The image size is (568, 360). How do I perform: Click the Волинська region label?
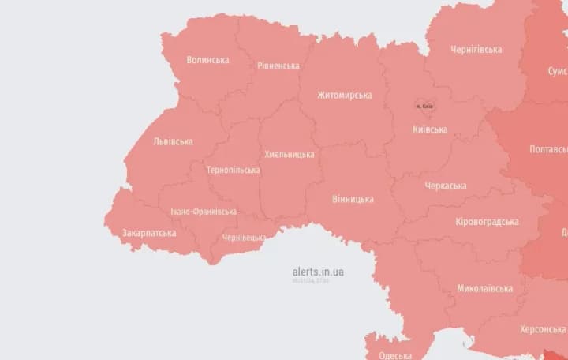click(208, 60)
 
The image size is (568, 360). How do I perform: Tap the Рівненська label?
click(278, 66)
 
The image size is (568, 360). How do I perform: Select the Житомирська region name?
click(344, 96)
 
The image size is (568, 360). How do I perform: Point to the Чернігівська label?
click(476, 50)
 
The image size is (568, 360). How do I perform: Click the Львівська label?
click(174, 142)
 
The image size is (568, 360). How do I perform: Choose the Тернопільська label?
click(233, 171)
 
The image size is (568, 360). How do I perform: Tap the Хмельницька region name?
click(289, 155)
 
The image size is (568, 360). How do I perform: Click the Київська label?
click(430, 129)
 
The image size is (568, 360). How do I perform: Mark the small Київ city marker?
click(424, 106)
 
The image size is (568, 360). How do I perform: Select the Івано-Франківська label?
click(204, 212)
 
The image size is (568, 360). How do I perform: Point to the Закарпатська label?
click(149, 234)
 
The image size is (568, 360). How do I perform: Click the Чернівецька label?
click(245, 237)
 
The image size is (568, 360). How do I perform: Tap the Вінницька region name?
click(353, 199)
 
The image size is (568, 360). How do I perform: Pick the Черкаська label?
click(445, 186)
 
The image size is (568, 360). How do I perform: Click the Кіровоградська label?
click(487, 222)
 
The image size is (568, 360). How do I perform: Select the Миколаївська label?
click(484, 288)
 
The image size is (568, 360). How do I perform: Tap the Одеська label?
click(395, 355)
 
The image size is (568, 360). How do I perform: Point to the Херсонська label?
click(543, 329)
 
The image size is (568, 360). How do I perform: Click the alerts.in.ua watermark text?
click(318, 272)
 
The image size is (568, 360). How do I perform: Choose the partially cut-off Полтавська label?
click(548, 149)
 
